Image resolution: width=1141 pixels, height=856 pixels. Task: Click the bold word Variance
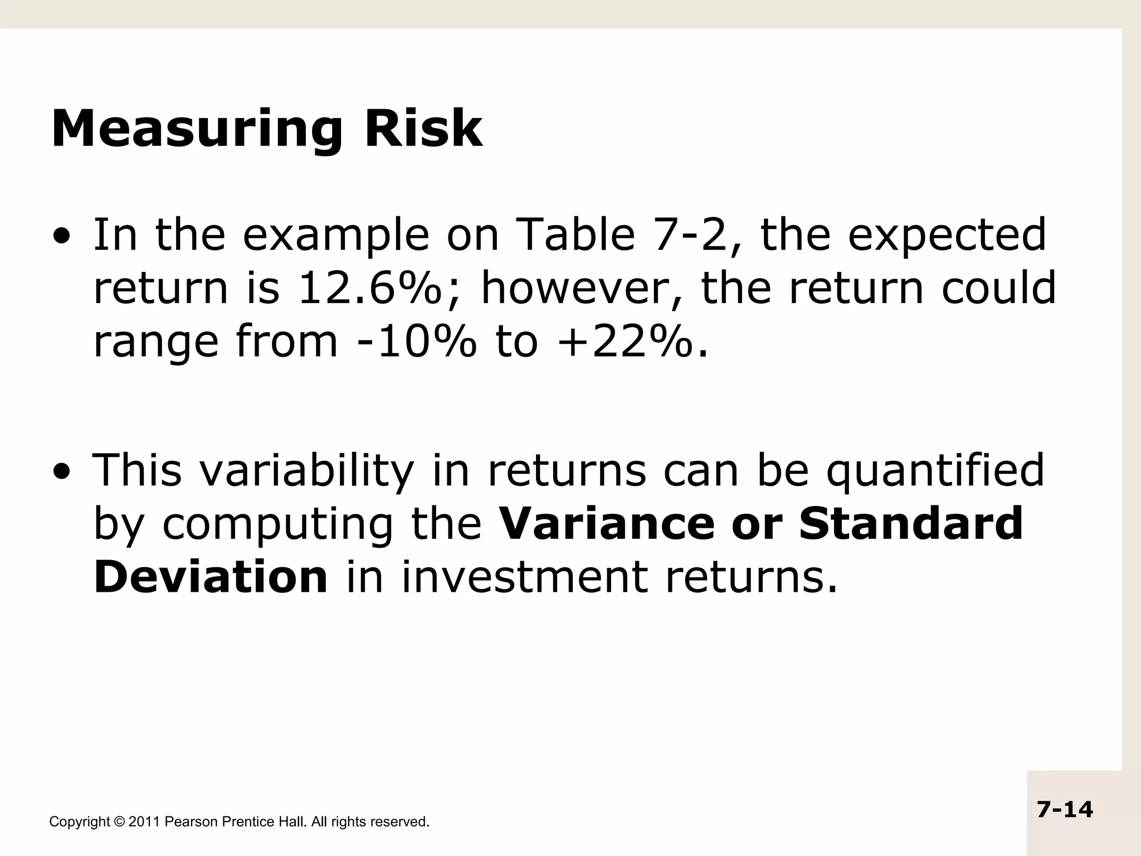[606, 524]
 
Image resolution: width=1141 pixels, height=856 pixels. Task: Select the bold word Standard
[910, 524]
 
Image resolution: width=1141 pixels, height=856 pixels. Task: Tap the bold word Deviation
[211, 577]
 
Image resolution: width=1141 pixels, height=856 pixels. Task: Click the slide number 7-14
[1065, 809]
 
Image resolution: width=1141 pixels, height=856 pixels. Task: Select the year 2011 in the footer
[145, 821]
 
